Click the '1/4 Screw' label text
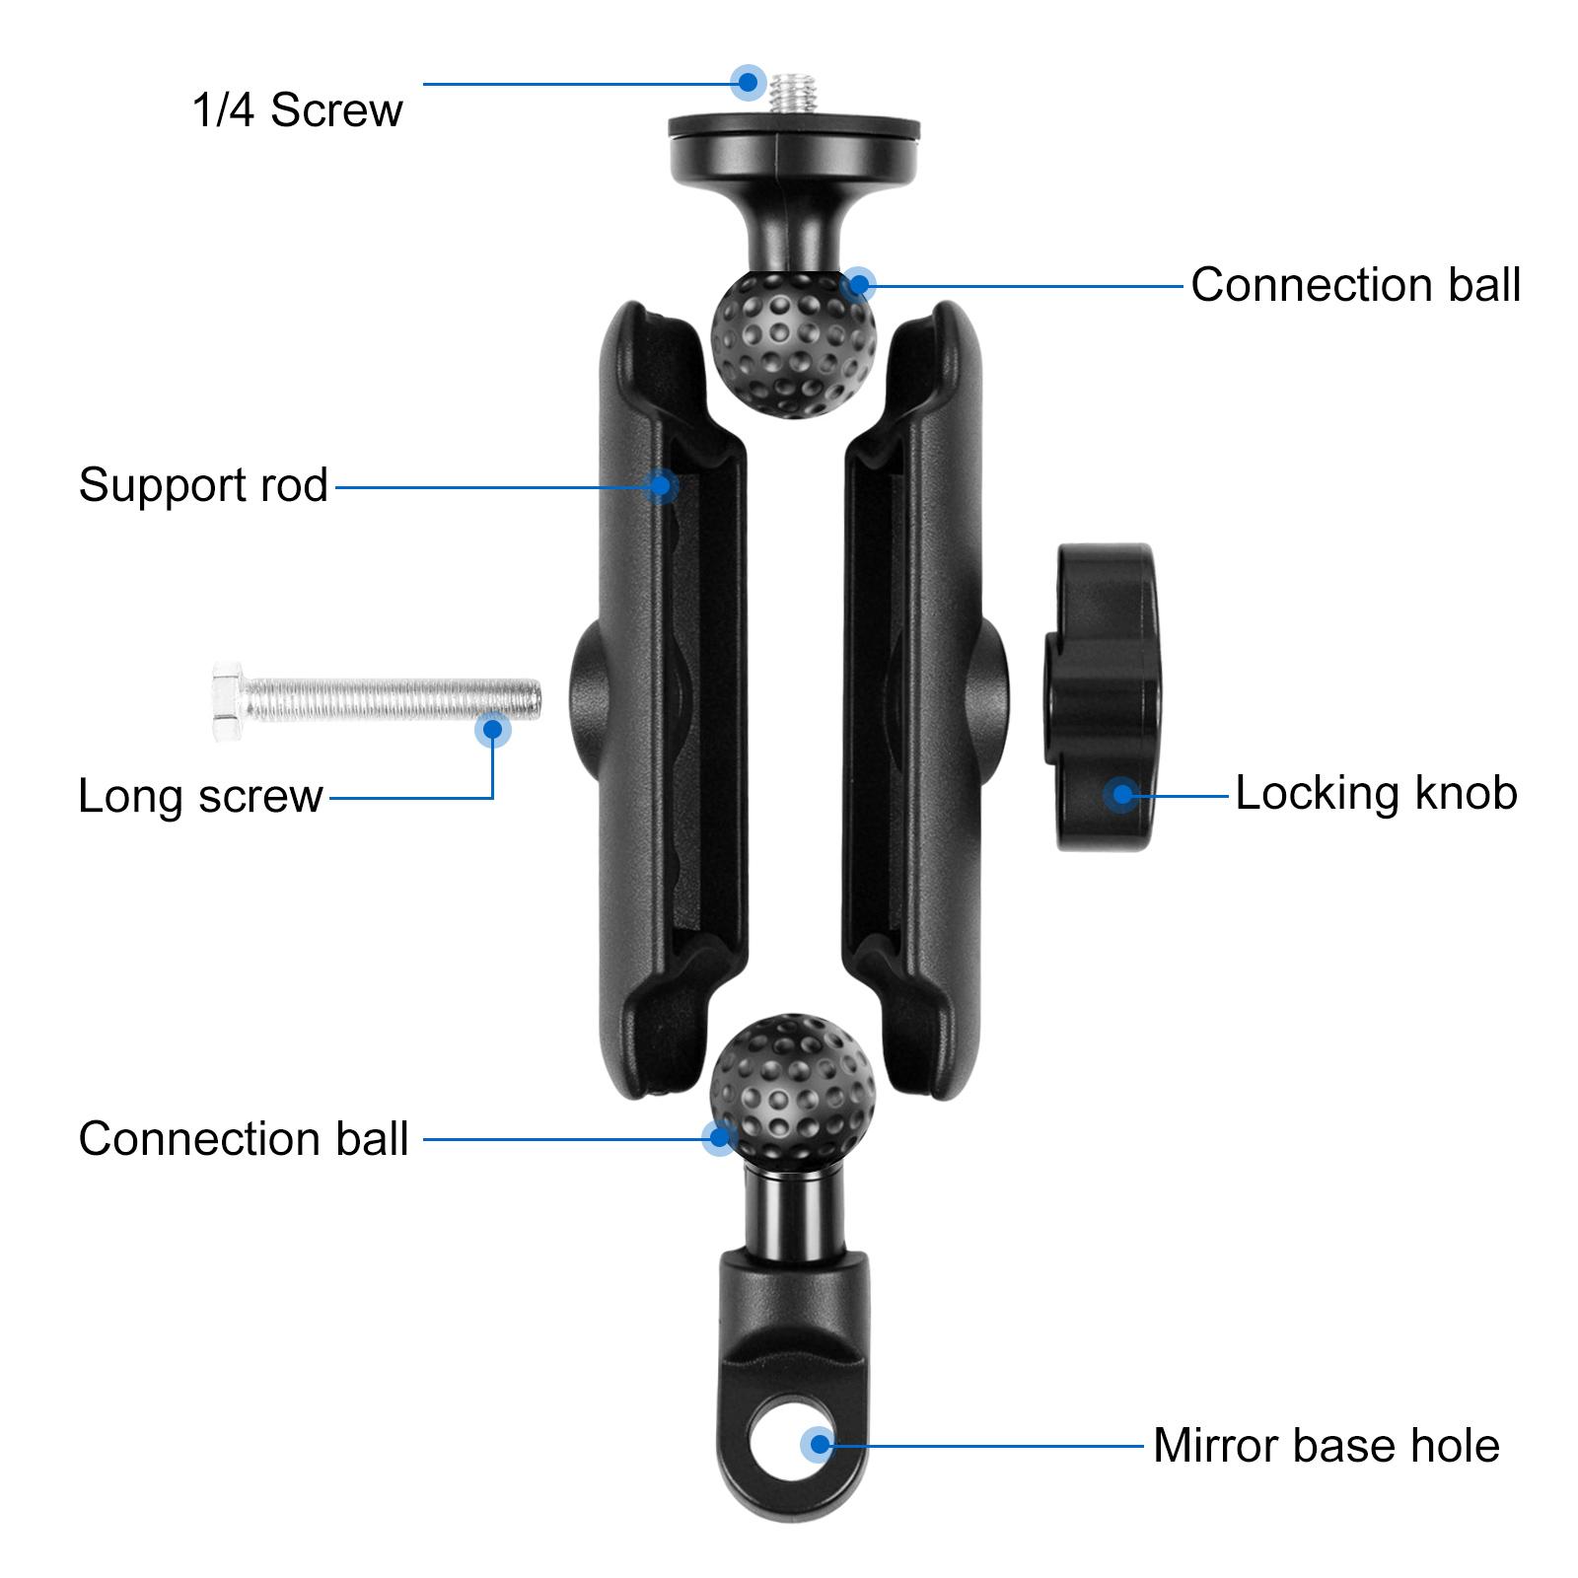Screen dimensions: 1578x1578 point(297,109)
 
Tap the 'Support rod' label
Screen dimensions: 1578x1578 point(203,485)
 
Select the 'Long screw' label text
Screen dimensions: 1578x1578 point(200,796)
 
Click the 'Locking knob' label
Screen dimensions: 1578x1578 point(1376,793)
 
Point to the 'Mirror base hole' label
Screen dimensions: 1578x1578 point(1327,1446)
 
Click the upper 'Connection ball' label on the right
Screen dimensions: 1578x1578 point(1355,285)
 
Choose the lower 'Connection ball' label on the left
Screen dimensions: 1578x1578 point(243,1139)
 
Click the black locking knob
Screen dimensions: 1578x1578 point(1103,696)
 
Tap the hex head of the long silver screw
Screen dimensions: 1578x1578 point(229,700)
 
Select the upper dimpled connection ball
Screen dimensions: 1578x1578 point(793,344)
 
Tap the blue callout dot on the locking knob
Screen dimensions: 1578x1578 point(1121,794)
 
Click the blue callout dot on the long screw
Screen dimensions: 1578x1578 point(492,731)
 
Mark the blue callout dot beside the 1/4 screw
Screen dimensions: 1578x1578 point(749,82)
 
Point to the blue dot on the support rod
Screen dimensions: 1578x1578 point(661,485)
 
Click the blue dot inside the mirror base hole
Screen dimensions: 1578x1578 point(819,1446)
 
